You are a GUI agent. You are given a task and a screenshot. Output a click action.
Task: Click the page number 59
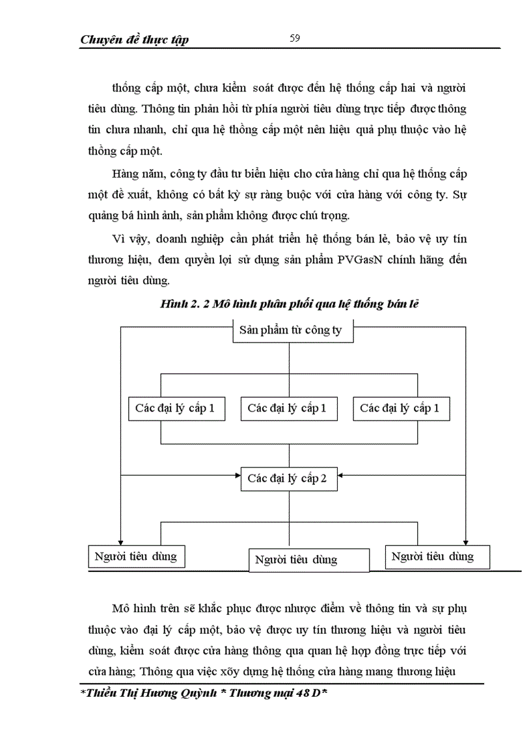(294, 38)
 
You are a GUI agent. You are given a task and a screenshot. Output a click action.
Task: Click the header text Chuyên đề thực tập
(134, 40)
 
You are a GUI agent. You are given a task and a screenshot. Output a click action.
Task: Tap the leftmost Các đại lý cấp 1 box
(176, 408)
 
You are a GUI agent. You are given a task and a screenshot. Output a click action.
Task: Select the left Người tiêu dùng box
(135, 556)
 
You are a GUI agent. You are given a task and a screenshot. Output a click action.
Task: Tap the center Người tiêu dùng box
(297, 560)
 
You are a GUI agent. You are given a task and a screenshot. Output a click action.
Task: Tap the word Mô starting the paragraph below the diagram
(121, 609)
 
